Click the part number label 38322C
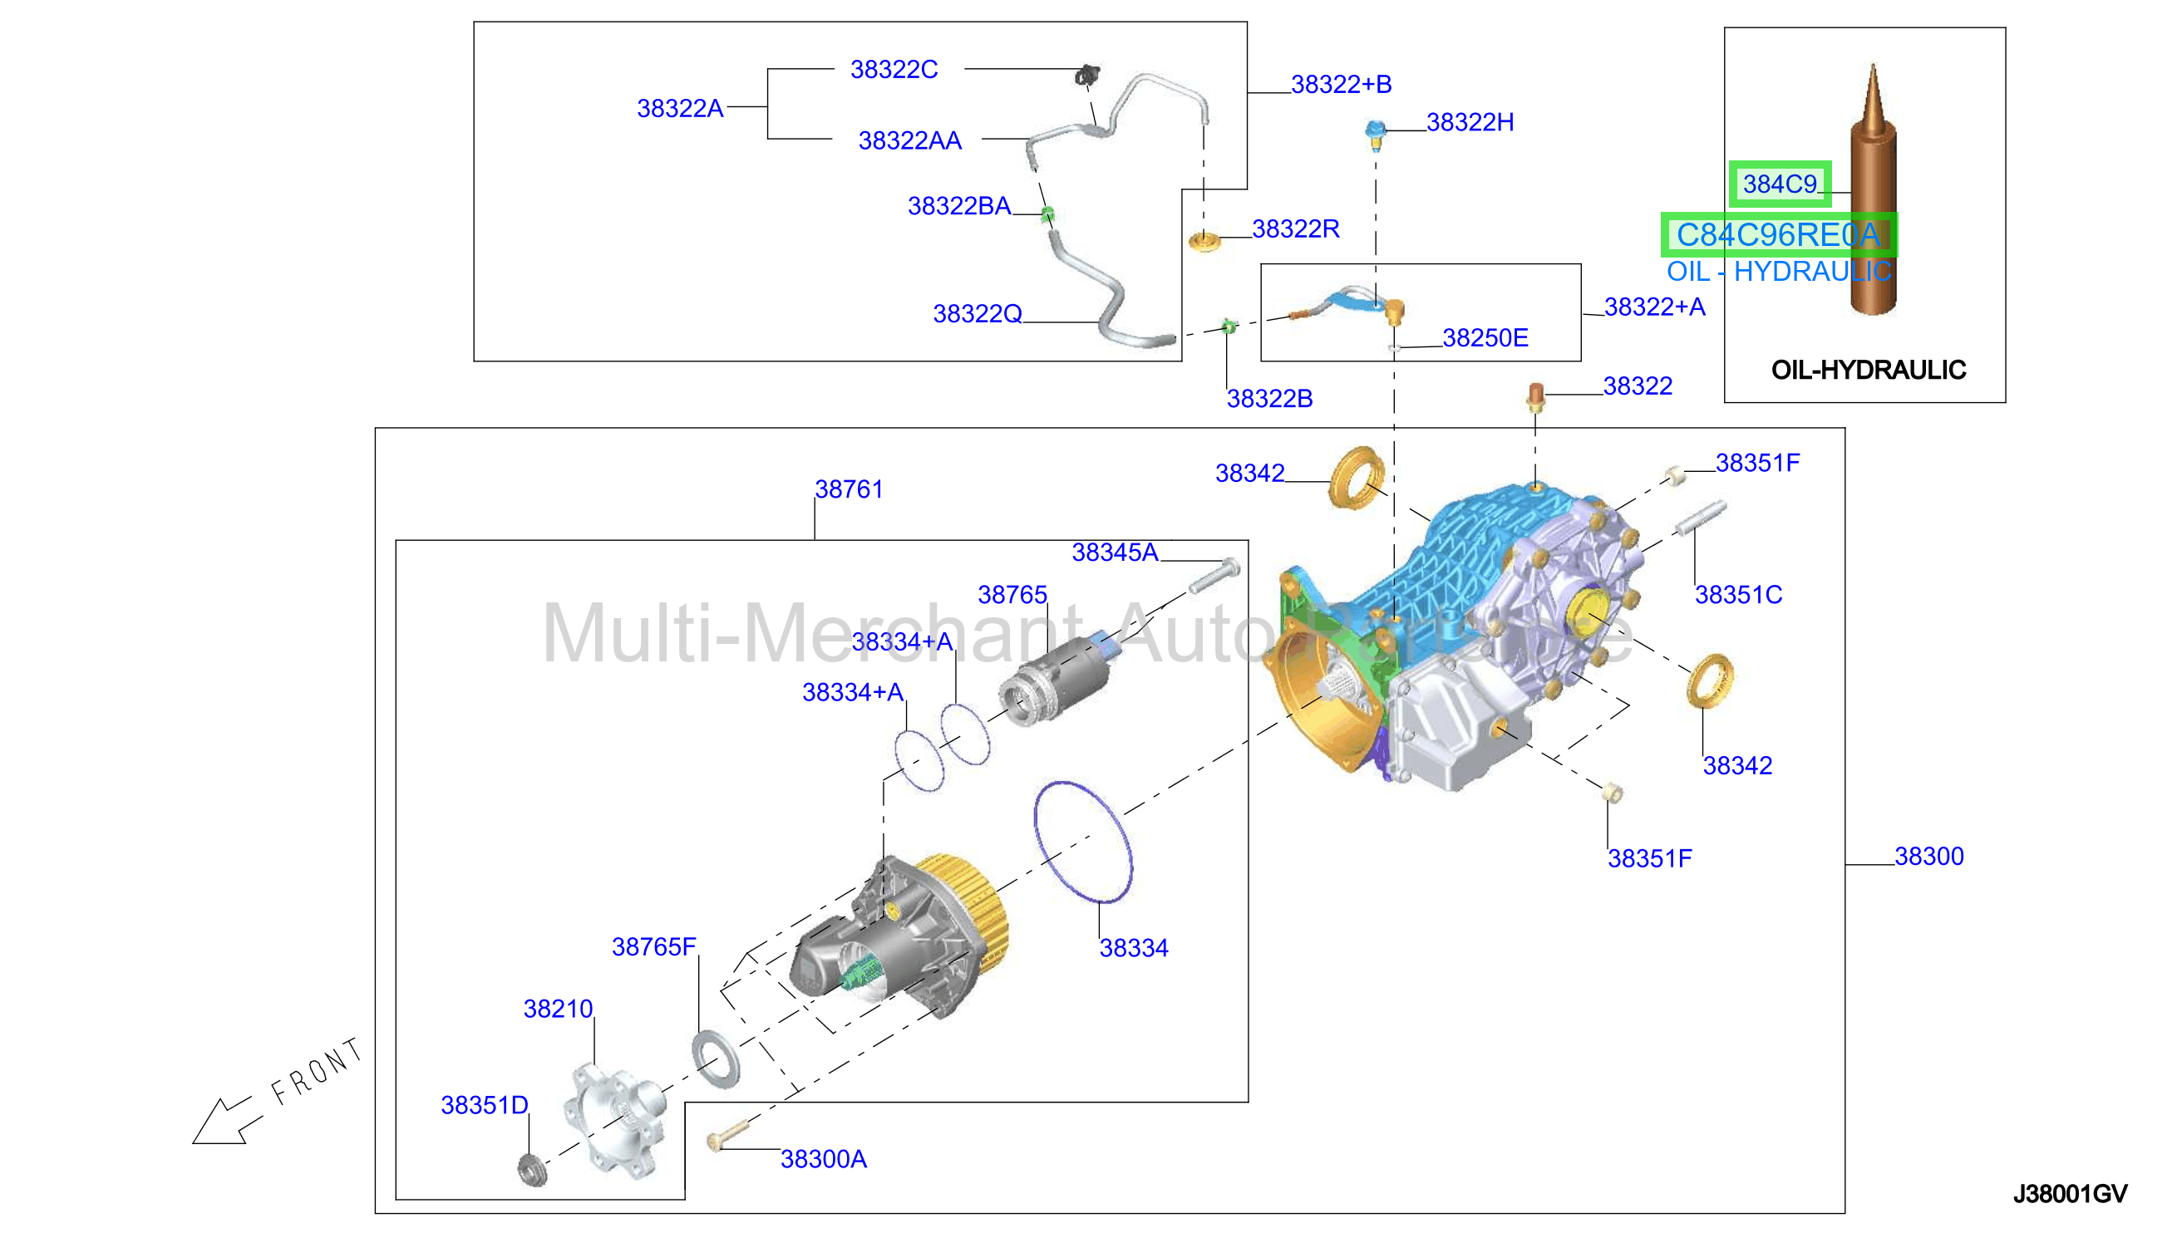click(894, 70)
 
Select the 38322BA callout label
click(959, 206)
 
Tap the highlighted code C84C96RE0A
click(1778, 234)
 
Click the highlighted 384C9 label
click(1780, 184)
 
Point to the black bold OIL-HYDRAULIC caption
click(1868, 370)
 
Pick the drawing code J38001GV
click(2070, 1194)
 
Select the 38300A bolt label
click(824, 1159)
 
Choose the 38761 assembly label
click(849, 489)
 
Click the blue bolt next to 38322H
click(1375, 133)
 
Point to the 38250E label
click(1485, 338)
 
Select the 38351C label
click(1738, 596)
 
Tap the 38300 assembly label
click(1928, 857)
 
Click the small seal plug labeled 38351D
click(532, 1169)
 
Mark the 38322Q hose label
click(978, 314)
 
